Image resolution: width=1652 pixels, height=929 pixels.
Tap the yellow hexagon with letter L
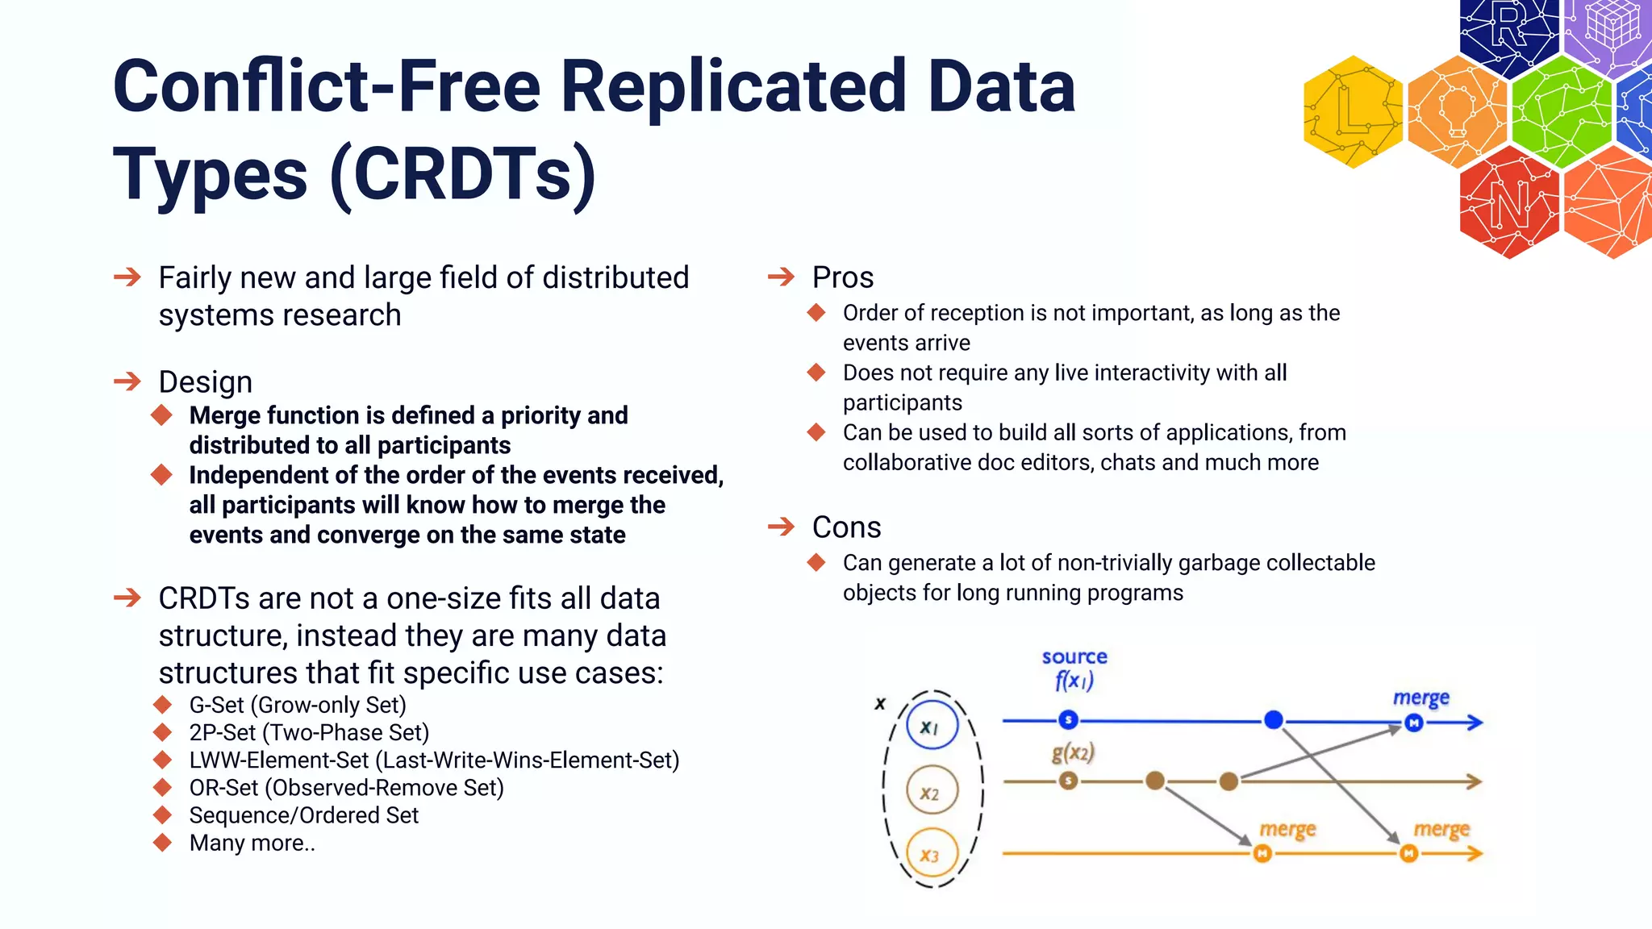click(1354, 112)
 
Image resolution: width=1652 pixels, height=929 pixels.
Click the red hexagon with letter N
click(1509, 202)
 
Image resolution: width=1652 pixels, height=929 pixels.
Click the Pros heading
click(842, 277)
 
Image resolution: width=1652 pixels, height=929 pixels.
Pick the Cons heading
click(846, 527)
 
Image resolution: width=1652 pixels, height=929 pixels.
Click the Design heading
click(205, 382)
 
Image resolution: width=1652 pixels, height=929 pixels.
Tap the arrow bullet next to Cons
click(781, 527)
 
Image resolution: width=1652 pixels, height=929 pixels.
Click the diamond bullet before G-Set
click(163, 705)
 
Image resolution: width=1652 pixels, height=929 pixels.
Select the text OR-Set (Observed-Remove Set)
click(346, 788)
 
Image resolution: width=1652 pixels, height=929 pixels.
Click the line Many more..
click(252, 844)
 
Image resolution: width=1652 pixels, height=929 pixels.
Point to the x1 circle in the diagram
click(931, 727)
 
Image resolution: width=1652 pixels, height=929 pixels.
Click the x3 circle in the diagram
click(931, 855)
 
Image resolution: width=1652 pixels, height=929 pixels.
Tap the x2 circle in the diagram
click(931, 792)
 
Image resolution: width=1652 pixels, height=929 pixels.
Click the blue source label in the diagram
click(1074, 657)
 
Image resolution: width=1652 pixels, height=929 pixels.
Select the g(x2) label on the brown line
click(1073, 753)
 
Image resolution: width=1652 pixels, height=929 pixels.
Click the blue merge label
click(1420, 698)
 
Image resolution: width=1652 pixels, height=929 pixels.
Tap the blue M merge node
click(1413, 723)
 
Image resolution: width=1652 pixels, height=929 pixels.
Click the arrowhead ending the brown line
click(1475, 781)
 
